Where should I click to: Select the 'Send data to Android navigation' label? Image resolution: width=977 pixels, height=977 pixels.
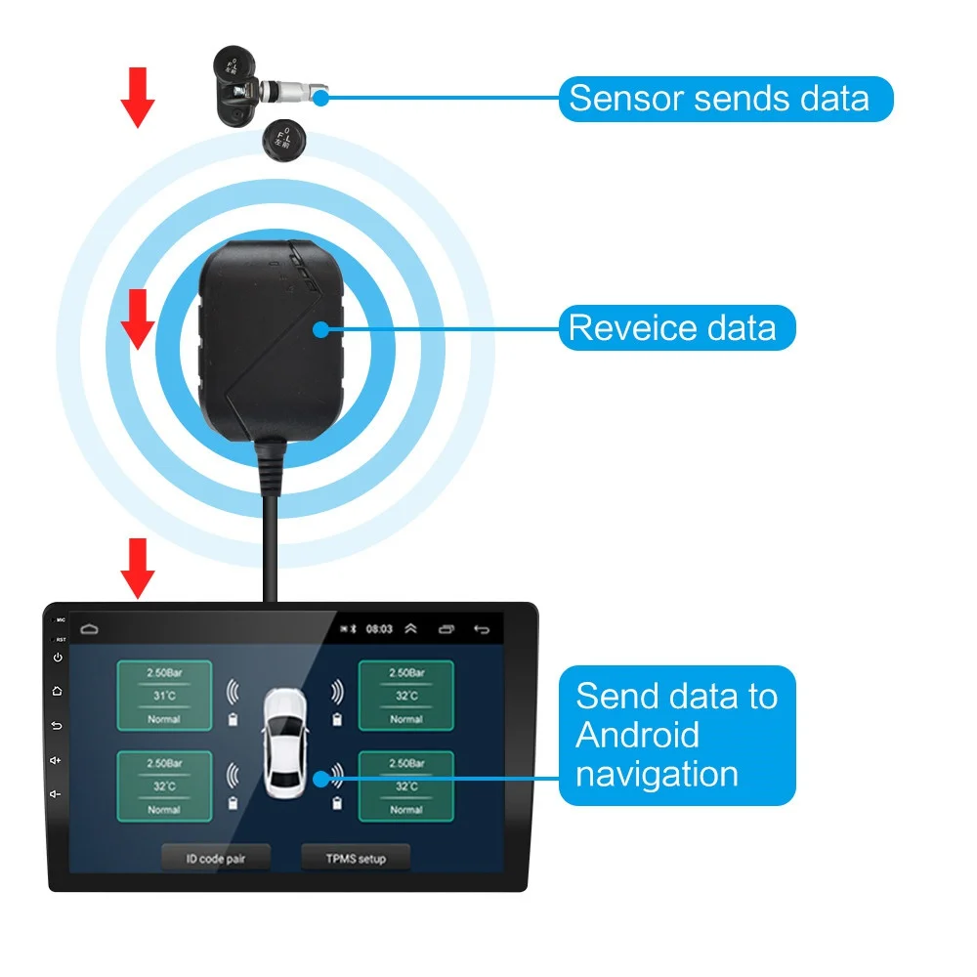pyautogui.click(x=677, y=736)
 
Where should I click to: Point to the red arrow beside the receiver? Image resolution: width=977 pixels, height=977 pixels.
pyautogui.click(x=138, y=319)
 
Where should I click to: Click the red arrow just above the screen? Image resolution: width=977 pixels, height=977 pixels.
pyautogui.click(x=138, y=568)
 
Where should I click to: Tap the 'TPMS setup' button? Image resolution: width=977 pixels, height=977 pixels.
pyautogui.click(x=356, y=859)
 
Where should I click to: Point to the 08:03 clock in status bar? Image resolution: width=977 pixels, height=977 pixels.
pyautogui.click(x=379, y=629)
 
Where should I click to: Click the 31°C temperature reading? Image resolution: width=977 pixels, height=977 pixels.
pyautogui.click(x=163, y=696)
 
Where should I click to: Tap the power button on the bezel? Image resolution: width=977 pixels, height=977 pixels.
pyautogui.click(x=58, y=657)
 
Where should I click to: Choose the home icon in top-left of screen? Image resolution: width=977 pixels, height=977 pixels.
pyautogui.click(x=90, y=629)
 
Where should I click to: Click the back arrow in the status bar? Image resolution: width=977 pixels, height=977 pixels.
pyautogui.click(x=481, y=629)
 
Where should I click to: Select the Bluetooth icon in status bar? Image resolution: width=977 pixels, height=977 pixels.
pyautogui.click(x=356, y=629)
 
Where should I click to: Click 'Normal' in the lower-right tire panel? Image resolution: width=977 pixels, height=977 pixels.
pyautogui.click(x=405, y=809)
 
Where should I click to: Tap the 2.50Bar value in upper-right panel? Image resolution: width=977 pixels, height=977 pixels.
pyautogui.click(x=405, y=673)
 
